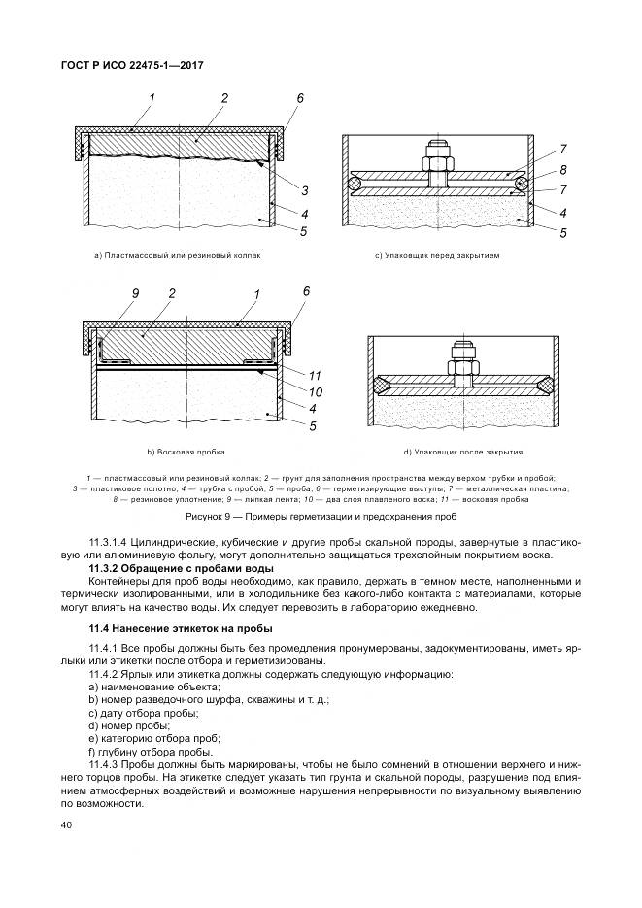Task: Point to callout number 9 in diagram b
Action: pyautogui.click(x=136, y=292)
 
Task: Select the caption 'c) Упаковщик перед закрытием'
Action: pyautogui.click(x=437, y=256)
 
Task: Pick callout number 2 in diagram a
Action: pyautogui.click(x=224, y=98)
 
